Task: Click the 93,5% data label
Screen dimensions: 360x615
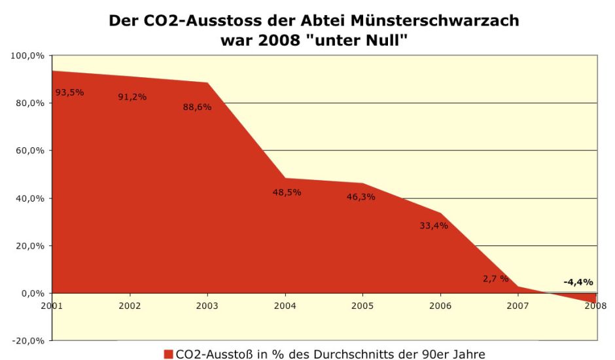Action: [x=69, y=92]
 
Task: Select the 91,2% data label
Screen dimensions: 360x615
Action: [x=132, y=97]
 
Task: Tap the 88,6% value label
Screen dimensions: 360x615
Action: [x=197, y=107]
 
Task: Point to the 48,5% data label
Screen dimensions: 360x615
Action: [x=287, y=192]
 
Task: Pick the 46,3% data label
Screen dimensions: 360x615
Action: [x=360, y=196]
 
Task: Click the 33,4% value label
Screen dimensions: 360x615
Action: [x=433, y=226]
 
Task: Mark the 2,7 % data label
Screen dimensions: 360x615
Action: [x=495, y=278]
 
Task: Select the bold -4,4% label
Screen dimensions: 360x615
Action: [x=578, y=282]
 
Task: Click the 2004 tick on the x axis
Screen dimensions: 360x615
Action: [x=285, y=305]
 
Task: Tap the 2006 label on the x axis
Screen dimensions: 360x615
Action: [x=440, y=305]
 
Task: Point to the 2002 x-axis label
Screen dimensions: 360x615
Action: [x=130, y=305]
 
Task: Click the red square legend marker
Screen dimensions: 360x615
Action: [x=168, y=354]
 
